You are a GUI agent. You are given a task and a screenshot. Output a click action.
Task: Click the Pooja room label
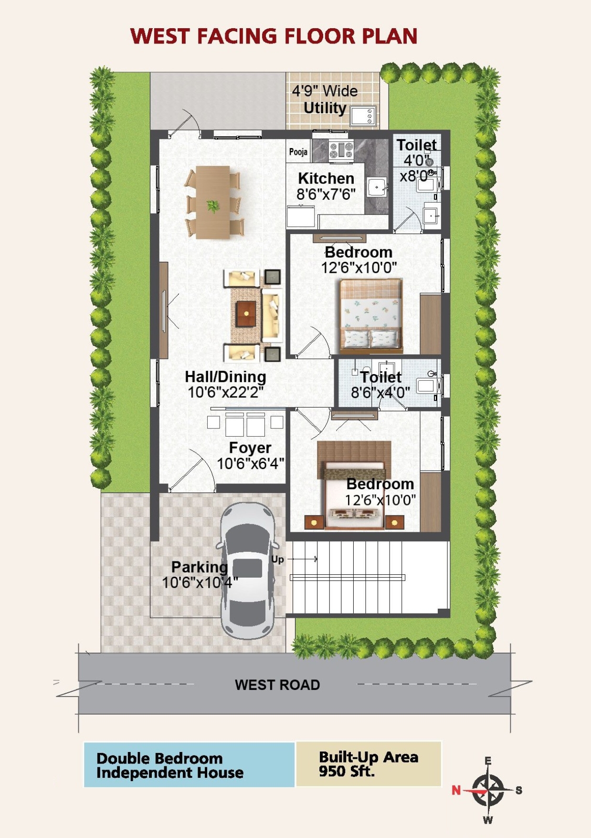click(x=298, y=152)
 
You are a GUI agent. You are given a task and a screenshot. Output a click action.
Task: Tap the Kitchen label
click(x=326, y=178)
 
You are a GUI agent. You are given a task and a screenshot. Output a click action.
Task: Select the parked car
click(x=247, y=570)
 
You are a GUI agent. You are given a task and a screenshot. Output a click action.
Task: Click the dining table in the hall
click(x=213, y=202)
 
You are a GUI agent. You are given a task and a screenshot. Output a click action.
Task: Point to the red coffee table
click(x=246, y=313)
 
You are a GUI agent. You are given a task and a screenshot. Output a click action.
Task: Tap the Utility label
click(x=325, y=108)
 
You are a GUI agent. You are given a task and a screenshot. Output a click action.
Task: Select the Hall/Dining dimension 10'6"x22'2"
click(x=226, y=393)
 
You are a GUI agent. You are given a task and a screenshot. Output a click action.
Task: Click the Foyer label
click(x=250, y=448)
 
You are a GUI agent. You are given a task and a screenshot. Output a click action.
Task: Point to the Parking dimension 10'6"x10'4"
click(x=200, y=583)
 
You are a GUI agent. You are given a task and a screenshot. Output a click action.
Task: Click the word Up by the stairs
click(x=277, y=559)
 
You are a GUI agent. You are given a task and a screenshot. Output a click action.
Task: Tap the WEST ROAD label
click(x=277, y=685)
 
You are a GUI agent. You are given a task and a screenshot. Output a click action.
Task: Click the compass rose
click(x=488, y=790)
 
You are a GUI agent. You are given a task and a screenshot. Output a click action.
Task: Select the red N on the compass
click(x=456, y=790)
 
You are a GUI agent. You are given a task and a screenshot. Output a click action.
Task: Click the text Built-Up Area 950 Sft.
click(x=369, y=764)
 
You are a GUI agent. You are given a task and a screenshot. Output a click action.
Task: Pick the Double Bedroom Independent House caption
click(x=170, y=765)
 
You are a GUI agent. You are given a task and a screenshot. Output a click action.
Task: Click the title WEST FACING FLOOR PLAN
click(x=274, y=36)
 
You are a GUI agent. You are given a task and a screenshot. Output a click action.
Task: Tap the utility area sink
click(x=363, y=116)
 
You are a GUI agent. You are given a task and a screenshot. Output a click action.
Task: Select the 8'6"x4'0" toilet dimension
click(x=380, y=393)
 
